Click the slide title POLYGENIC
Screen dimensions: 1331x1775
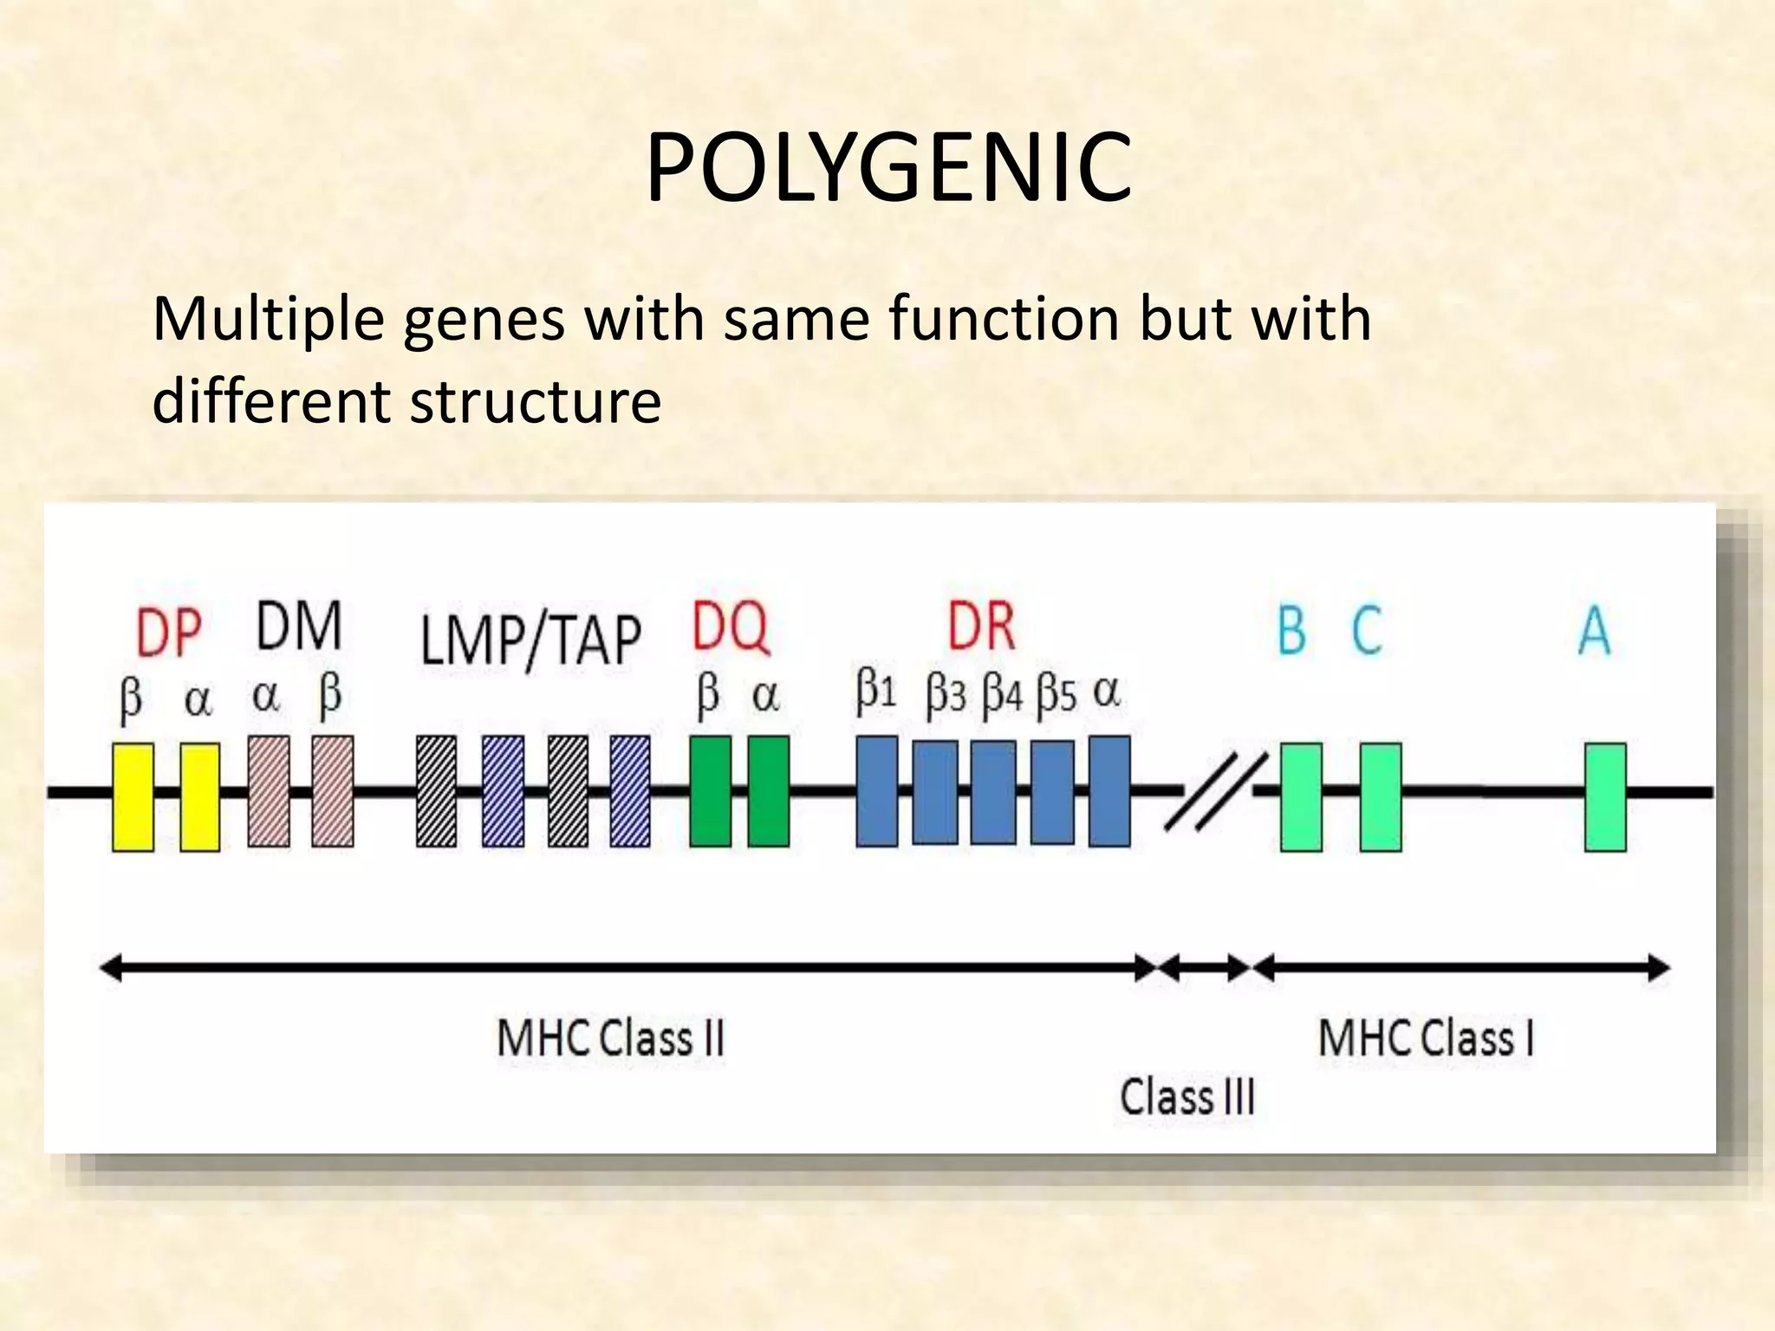tap(888, 168)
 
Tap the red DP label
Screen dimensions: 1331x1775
tap(168, 633)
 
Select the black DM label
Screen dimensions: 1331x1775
tap(299, 626)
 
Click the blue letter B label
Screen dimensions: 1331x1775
tap(1291, 631)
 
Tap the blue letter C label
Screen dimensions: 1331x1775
tap(1367, 631)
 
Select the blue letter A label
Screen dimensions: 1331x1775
tap(1594, 631)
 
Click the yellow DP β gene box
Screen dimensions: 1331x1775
tap(133, 796)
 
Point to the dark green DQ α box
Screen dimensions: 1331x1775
tap(769, 791)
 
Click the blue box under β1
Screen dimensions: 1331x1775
tap(876, 791)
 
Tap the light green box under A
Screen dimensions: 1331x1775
tap(1605, 797)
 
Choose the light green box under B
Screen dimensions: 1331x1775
tap(1301, 797)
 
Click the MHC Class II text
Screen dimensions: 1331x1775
tap(610, 1038)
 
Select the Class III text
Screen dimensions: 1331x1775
tap(1187, 1097)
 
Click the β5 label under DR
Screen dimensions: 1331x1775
tap(1057, 696)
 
